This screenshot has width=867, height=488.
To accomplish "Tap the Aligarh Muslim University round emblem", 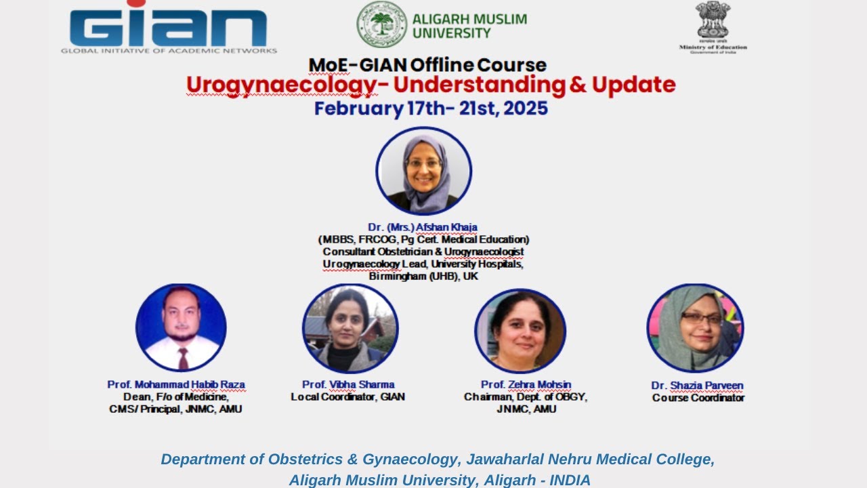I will [x=382, y=24].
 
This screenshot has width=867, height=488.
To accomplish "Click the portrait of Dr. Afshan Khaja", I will [x=424, y=171].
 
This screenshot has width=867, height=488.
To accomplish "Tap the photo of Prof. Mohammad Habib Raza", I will [x=181, y=328].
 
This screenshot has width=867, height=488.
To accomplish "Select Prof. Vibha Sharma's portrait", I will [x=350, y=329].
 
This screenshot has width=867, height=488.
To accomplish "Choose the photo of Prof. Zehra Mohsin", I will [x=520, y=331].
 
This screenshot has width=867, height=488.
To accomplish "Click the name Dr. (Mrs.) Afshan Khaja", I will [x=423, y=227].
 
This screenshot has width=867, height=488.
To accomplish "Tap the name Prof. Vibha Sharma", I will [x=348, y=384].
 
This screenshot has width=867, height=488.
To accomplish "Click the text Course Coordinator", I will [x=698, y=398].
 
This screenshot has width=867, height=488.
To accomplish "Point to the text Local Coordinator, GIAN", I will [x=347, y=397].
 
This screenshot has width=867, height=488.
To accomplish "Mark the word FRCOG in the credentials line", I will [x=380, y=239].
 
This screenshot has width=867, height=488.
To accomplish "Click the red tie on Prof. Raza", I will [x=183, y=357].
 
